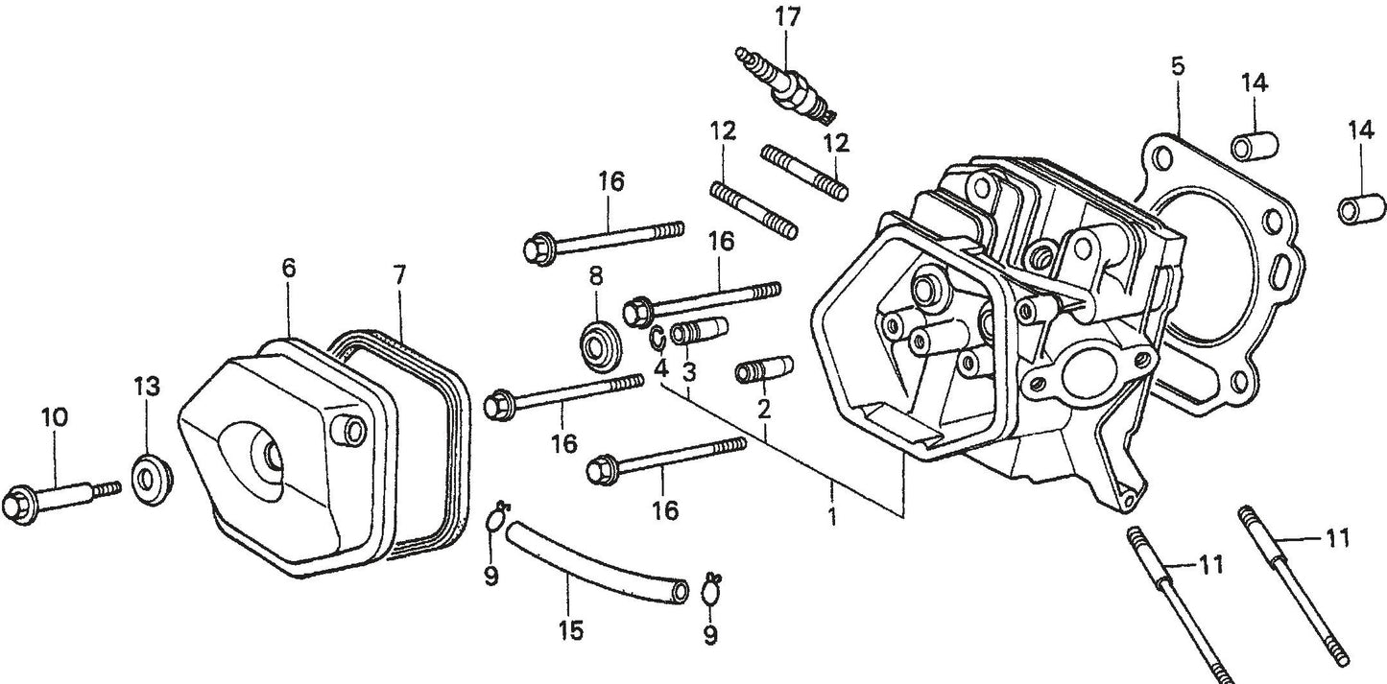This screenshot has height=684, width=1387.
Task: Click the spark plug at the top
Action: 785,85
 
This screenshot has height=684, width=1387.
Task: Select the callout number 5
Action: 1178,66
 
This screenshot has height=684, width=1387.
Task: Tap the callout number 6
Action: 289,270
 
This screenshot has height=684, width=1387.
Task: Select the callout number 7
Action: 399,275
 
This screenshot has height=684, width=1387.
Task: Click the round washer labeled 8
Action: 600,343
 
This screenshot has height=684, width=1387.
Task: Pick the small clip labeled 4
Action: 658,339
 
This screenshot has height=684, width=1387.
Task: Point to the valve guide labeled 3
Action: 699,332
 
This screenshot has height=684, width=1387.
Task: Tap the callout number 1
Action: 831,517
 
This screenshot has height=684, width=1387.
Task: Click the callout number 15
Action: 570,631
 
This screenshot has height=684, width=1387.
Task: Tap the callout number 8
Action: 596,277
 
